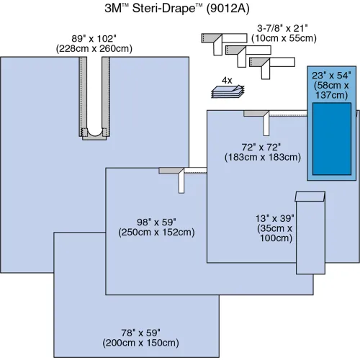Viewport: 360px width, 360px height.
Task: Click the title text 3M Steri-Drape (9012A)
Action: [x=179, y=9]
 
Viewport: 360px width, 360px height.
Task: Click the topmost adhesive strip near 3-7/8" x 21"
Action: [x=217, y=36]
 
